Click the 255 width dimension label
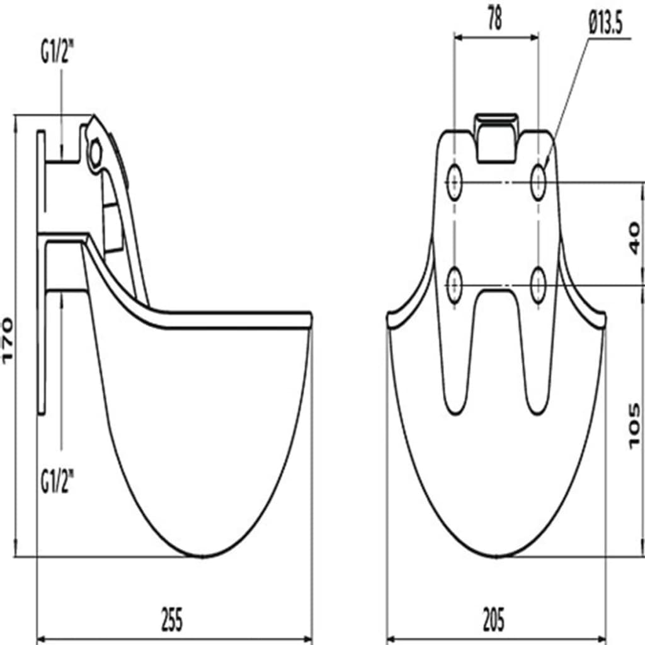(x=172, y=619)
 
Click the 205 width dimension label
(x=494, y=619)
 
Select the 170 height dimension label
(x=8, y=341)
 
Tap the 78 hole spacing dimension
(x=495, y=18)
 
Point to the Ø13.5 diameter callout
(x=605, y=23)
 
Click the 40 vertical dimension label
(x=635, y=238)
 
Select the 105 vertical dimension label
(x=635, y=426)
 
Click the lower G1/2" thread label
(x=57, y=482)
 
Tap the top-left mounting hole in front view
(x=454, y=182)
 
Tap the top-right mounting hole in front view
(x=538, y=182)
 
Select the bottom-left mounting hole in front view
(x=454, y=285)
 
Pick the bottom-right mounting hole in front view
(x=538, y=285)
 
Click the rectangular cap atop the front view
(x=496, y=138)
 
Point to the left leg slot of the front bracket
(x=455, y=354)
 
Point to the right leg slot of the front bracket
(x=537, y=354)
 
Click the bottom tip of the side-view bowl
(x=202, y=557)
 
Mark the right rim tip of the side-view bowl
(x=311, y=319)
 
